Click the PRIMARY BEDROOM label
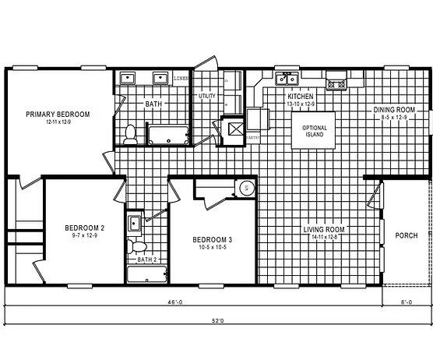(58, 114)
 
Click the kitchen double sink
(287, 78)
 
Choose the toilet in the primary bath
(131, 133)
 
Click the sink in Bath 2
(134, 223)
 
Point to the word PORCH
(406, 235)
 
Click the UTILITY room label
(206, 96)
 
